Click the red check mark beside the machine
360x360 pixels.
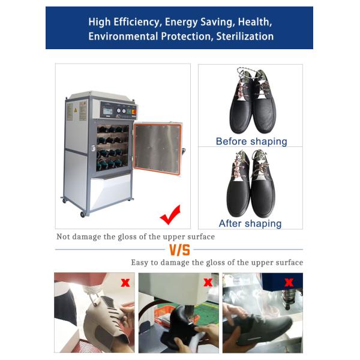pyautogui.click(x=170, y=214)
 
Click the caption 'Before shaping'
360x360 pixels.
pyautogui.click(x=251, y=142)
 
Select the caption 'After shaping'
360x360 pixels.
pyautogui.click(x=250, y=223)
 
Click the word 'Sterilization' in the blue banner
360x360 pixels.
pyautogui.click(x=242, y=36)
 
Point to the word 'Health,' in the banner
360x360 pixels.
pyautogui.click(x=255, y=22)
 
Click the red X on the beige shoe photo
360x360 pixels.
pyautogui.click(x=125, y=282)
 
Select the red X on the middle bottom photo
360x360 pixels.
pyautogui.click(x=208, y=282)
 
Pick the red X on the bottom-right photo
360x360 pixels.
pyautogui.click(x=289, y=281)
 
